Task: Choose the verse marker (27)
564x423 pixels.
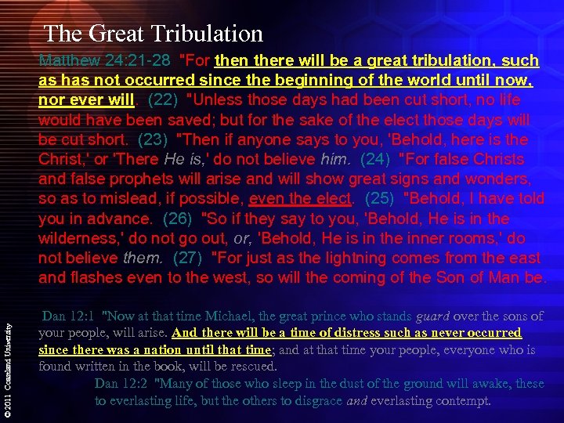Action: (189, 258)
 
